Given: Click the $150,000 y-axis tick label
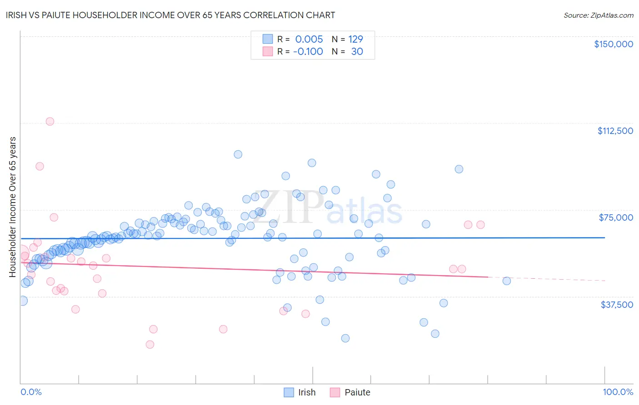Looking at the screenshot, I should [x=613, y=44].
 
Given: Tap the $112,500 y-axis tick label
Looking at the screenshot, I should [x=615, y=131].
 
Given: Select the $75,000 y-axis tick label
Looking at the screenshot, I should [x=616, y=217].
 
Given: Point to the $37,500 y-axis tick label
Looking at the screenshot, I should [x=617, y=305].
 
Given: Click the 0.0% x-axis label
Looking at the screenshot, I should [x=31, y=392].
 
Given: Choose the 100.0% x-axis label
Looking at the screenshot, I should [x=618, y=392].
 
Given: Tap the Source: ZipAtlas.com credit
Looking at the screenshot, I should [x=598, y=15].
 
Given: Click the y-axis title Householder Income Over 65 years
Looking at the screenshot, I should [x=13, y=207].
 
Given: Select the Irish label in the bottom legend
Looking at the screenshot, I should [x=307, y=392].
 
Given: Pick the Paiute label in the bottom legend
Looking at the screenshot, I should [x=357, y=392].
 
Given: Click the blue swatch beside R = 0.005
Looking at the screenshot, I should [x=268, y=39].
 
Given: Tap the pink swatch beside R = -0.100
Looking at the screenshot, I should [x=268, y=51].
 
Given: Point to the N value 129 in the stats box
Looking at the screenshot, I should [x=355, y=39].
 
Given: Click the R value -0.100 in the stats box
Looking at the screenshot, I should [x=308, y=51].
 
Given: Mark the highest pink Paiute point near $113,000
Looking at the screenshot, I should [x=50, y=121].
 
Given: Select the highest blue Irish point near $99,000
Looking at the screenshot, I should [x=238, y=154].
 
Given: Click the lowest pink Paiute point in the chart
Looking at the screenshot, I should [x=150, y=344].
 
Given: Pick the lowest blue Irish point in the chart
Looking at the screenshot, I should [x=345, y=338].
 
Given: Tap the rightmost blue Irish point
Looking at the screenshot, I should [x=507, y=281].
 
